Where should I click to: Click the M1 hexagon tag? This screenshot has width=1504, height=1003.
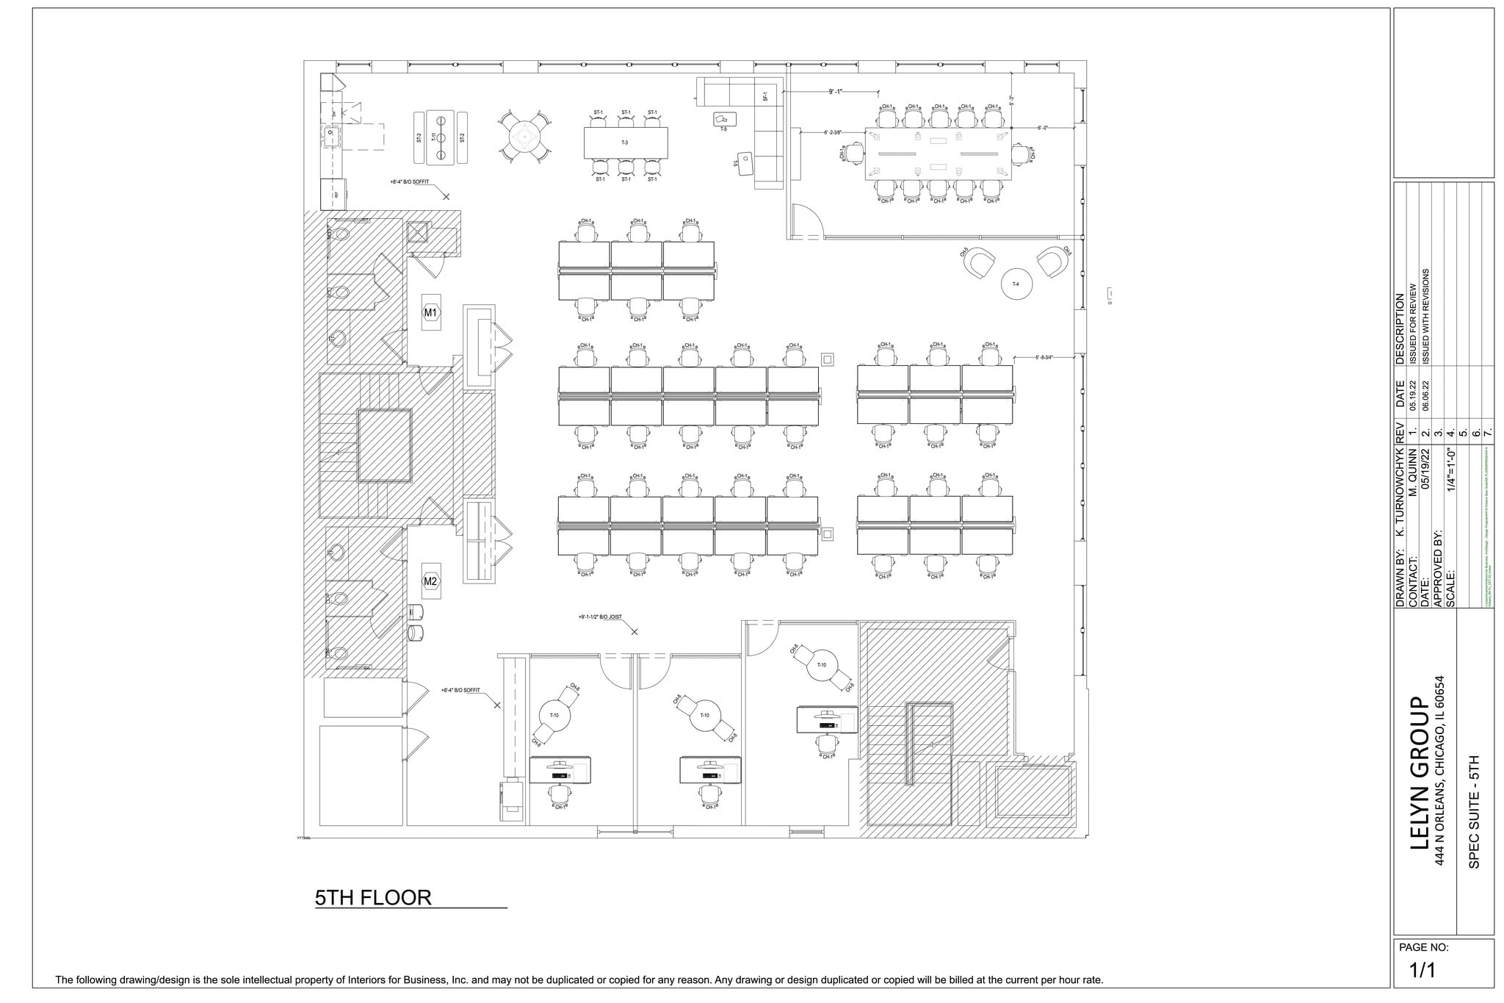point(430,312)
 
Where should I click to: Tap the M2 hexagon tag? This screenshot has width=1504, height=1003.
point(430,581)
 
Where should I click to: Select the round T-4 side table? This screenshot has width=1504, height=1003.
point(1017,284)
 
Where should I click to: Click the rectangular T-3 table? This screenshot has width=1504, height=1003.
point(626,143)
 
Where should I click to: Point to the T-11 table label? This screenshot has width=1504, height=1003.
point(434,137)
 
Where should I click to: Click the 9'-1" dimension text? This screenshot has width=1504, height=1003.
point(836,92)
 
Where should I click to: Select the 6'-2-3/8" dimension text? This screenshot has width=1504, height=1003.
point(833,132)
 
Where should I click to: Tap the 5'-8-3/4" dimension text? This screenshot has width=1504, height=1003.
point(1044,357)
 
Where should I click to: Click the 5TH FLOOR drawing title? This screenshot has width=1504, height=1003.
point(372,897)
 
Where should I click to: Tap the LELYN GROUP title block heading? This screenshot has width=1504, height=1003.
point(1420,783)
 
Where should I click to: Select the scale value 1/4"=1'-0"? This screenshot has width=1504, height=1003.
point(1451,479)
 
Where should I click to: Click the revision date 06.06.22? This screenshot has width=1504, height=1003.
point(1425,395)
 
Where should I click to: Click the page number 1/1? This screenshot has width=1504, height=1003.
point(1422,970)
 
